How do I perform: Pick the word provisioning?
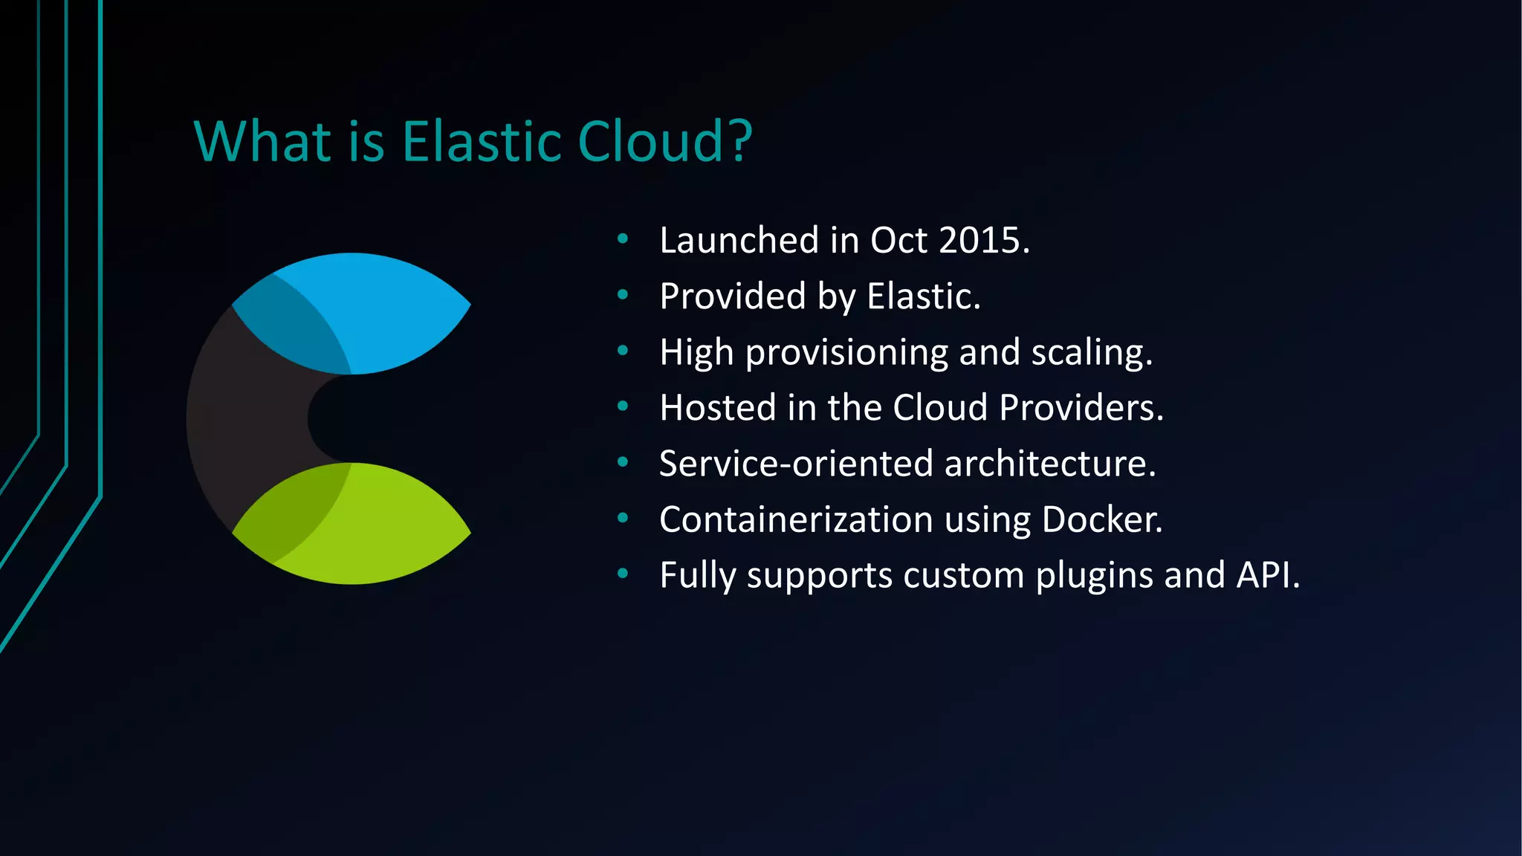point(846,353)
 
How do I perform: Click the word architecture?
point(1049,464)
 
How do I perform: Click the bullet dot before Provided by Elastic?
point(623,296)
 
